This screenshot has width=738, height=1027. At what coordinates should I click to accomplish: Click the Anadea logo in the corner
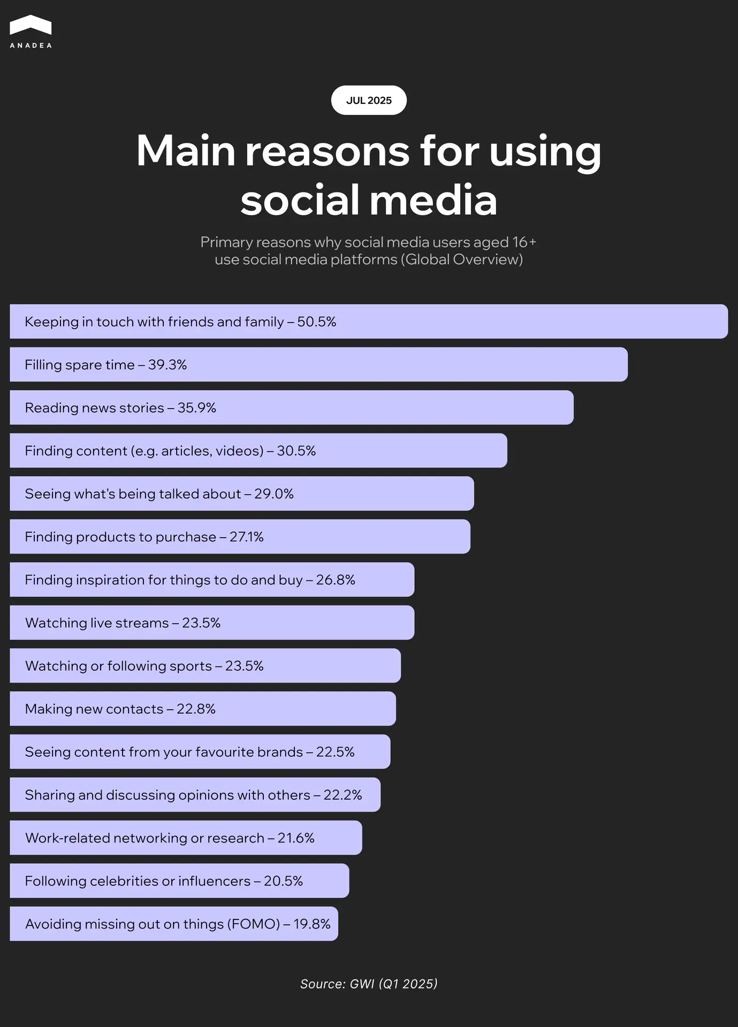point(31,32)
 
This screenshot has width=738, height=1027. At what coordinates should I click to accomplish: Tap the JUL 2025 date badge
point(369,101)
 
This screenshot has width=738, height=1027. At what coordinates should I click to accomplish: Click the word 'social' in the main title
point(299,200)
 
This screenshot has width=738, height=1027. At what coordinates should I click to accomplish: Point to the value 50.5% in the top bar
point(317,322)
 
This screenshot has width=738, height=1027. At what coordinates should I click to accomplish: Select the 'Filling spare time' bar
point(318,365)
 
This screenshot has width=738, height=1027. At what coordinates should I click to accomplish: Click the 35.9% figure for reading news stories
point(197,408)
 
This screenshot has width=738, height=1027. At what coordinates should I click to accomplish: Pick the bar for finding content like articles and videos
point(258,451)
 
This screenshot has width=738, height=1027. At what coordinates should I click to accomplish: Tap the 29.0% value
point(274,494)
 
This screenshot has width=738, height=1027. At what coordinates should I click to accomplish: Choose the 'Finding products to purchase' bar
point(240,537)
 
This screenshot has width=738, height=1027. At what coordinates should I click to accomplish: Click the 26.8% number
point(336,580)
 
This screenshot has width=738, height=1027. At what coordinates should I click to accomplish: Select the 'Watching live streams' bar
point(212,623)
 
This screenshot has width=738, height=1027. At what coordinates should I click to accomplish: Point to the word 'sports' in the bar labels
point(191,666)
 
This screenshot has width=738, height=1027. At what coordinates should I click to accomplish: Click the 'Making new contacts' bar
point(202,709)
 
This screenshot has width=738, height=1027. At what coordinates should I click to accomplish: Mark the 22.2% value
point(343,795)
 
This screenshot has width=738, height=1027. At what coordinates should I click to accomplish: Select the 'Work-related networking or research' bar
point(186,838)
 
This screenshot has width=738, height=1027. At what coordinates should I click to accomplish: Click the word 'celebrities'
point(124,881)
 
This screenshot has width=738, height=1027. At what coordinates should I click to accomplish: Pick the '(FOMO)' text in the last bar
point(253,924)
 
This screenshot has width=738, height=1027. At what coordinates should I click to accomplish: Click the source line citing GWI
point(369,984)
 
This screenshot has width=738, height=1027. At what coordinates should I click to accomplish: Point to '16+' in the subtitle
point(524,242)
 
